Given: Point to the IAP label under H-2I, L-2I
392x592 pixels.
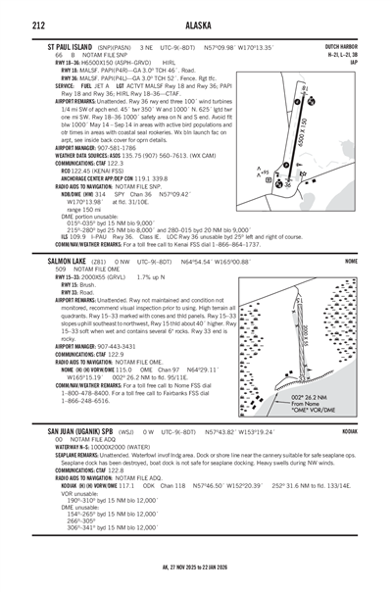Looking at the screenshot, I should [367, 61].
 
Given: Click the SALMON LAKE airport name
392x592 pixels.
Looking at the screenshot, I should [58, 263].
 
